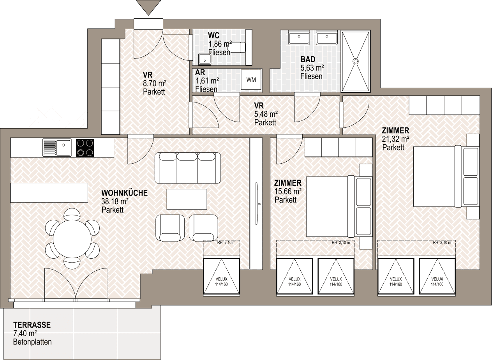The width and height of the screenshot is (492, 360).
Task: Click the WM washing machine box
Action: click(x=251, y=79)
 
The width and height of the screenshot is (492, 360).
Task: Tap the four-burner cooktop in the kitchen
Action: click(x=85, y=148)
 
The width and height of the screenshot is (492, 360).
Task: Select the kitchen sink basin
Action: click(x=64, y=148)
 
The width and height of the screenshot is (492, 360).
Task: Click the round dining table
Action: click(x=72, y=239)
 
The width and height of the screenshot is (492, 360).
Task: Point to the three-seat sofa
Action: click(x=188, y=168)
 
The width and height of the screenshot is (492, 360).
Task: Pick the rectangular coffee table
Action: click(x=187, y=199)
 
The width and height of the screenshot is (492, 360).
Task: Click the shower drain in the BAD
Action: click(x=356, y=61)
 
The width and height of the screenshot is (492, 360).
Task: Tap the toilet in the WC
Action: click(x=237, y=47)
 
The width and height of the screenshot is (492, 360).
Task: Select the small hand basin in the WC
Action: click(x=205, y=59)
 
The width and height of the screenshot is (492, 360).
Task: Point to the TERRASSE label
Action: click(x=32, y=325)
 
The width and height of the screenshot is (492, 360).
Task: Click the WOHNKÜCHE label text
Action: click(x=125, y=193)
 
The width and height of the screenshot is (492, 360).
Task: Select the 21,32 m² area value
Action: click(x=395, y=139)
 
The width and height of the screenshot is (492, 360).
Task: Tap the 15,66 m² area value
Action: click(x=288, y=191)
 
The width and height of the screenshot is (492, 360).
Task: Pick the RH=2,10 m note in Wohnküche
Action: click(x=226, y=243)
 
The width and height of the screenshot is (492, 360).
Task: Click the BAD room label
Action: click(x=308, y=59)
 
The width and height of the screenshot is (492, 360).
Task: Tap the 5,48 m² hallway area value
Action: click(x=266, y=114)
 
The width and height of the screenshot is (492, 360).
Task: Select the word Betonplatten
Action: click(x=32, y=342)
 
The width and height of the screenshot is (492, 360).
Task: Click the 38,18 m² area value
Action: click(x=115, y=201)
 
